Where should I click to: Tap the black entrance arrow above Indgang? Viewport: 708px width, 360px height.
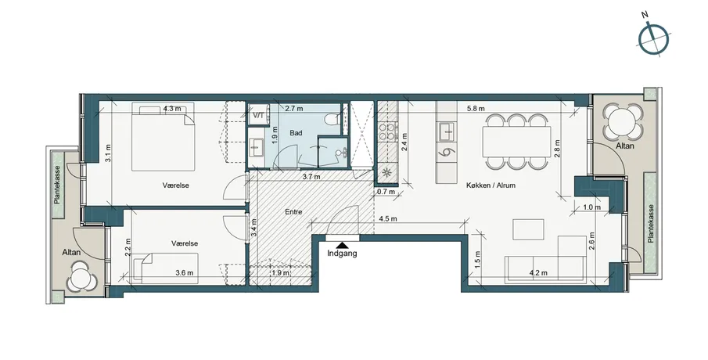(x=343, y=245)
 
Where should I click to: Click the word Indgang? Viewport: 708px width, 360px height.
(x=342, y=254)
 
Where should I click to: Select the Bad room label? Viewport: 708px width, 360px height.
(x=296, y=133)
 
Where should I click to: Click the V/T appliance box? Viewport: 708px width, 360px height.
(x=259, y=115)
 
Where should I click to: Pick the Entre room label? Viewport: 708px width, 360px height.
(x=293, y=212)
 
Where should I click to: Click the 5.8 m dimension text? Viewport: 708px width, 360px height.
(x=476, y=109)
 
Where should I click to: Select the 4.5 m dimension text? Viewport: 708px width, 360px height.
(x=388, y=219)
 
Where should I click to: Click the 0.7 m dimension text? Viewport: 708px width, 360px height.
(x=386, y=192)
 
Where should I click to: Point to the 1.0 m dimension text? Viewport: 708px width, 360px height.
(x=591, y=207)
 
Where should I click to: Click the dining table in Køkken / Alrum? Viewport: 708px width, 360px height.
(x=517, y=142)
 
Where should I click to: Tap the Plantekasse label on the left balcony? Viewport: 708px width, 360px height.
(x=57, y=184)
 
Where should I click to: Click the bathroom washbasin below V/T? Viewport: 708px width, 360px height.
(x=258, y=147)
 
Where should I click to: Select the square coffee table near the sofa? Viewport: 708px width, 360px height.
(x=528, y=229)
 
